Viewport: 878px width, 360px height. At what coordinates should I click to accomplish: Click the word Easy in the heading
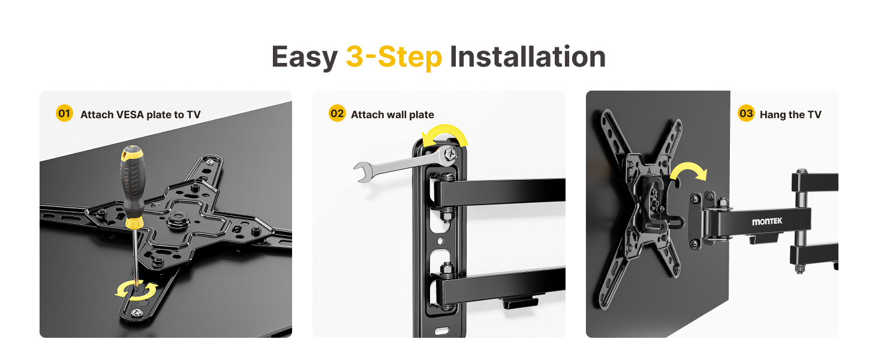[x=304, y=57]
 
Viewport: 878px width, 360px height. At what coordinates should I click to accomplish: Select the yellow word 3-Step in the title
[x=393, y=57]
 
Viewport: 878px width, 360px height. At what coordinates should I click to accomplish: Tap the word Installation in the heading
[x=527, y=57]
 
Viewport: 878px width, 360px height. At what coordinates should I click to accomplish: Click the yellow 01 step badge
[x=64, y=113]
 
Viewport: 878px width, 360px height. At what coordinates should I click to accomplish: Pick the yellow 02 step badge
[x=338, y=113]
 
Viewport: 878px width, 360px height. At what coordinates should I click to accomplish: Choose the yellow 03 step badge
[x=746, y=113]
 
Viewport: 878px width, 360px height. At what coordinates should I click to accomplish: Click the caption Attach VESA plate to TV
[x=140, y=115]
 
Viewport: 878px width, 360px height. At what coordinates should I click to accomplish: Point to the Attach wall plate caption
[x=392, y=115]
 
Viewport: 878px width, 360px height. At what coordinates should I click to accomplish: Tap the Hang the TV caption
[x=790, y=115]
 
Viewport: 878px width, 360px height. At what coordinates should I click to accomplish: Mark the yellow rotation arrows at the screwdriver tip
[x=136, y=291]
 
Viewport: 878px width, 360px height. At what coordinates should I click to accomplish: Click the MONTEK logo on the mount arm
[x=767, y=221]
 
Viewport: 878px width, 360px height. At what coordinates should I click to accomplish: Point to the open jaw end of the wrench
[x=362, y=172]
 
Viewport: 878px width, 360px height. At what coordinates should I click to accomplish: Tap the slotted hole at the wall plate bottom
[x=441, y=330]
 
